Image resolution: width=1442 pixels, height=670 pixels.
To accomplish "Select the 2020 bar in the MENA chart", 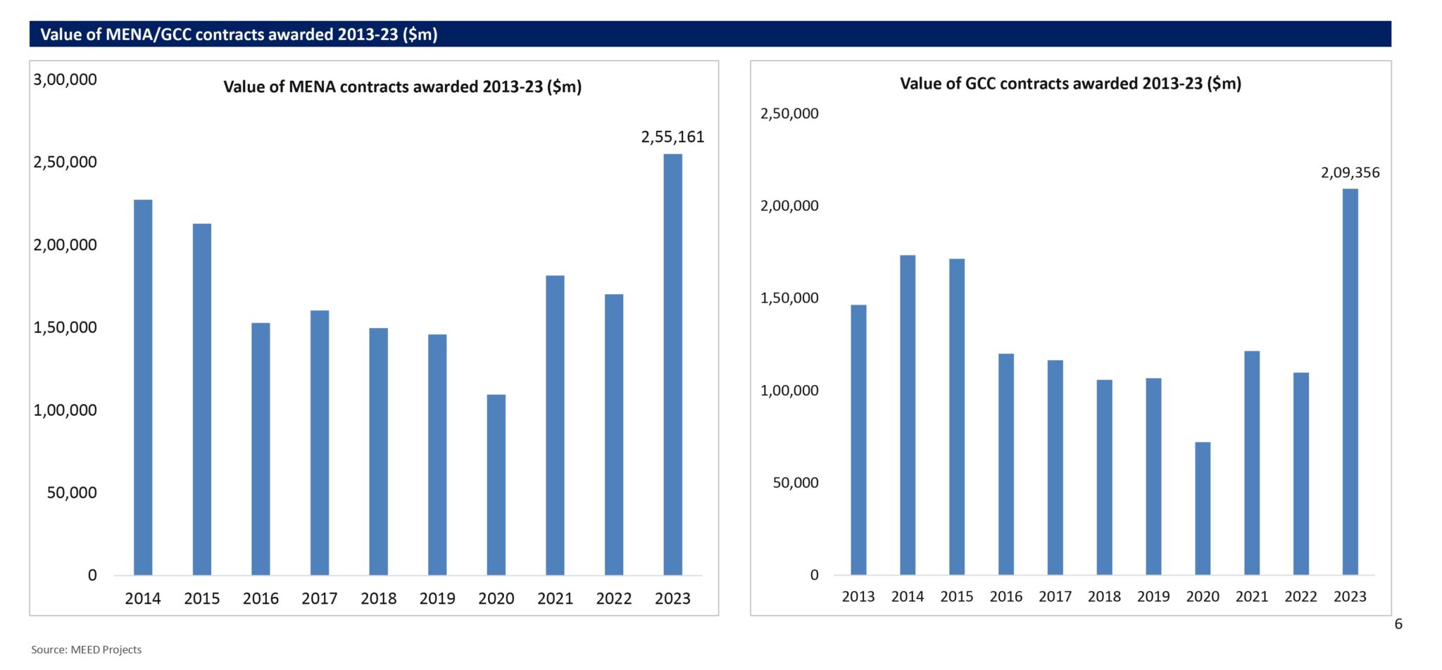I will [496, 485].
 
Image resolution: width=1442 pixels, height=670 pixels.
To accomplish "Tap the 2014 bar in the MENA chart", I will [143, 387].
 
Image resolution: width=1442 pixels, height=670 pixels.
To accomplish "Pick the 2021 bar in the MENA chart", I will [555, 425].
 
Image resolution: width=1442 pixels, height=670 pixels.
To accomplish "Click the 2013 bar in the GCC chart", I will [858, 440].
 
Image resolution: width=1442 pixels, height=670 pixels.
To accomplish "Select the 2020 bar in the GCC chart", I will [1203, 508].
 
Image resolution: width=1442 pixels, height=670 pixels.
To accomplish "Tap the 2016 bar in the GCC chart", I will [1005, 464].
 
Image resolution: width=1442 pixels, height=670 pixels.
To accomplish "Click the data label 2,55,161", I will [672, 137].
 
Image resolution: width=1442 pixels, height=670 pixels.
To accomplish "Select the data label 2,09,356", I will [1350, 172].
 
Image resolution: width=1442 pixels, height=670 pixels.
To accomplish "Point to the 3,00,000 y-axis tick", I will [65, 80].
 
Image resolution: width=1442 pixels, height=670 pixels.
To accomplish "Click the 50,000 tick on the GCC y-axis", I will [796, 483].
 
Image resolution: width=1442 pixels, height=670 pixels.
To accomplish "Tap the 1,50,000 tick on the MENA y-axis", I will [65, 327].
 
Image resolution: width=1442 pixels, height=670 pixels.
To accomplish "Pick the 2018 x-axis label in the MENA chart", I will [378, 598].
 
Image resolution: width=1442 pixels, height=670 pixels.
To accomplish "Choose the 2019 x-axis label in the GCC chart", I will [1153, 596].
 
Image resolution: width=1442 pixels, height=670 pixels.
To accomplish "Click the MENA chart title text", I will [402, 87].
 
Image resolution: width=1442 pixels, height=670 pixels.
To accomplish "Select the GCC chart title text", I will [1070, 83].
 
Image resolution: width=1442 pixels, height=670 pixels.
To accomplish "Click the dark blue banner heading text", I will [239, 34].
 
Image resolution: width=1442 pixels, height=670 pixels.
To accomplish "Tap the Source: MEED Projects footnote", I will [86, 650].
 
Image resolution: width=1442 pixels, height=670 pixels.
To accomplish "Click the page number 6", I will [1398, 624].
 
